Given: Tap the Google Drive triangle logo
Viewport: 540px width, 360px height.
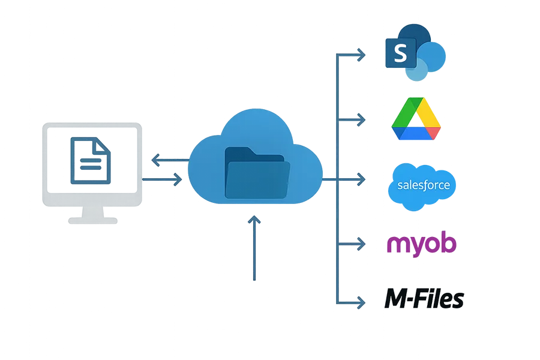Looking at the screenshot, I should click(416, 119).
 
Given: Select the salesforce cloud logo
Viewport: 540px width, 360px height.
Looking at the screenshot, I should click(423, 185).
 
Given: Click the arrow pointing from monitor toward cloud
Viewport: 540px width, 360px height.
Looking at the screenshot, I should click(178, 179).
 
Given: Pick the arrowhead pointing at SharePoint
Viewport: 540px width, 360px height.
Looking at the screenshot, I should click(361, 56).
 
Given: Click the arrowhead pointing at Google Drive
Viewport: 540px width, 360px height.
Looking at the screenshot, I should click(361, 120).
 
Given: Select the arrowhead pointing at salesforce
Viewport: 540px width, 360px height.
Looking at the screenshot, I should click(361, 179).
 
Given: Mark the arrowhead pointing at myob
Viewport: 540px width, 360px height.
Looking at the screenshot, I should click(361, 244).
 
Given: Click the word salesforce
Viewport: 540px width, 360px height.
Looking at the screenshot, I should click(423, 185).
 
